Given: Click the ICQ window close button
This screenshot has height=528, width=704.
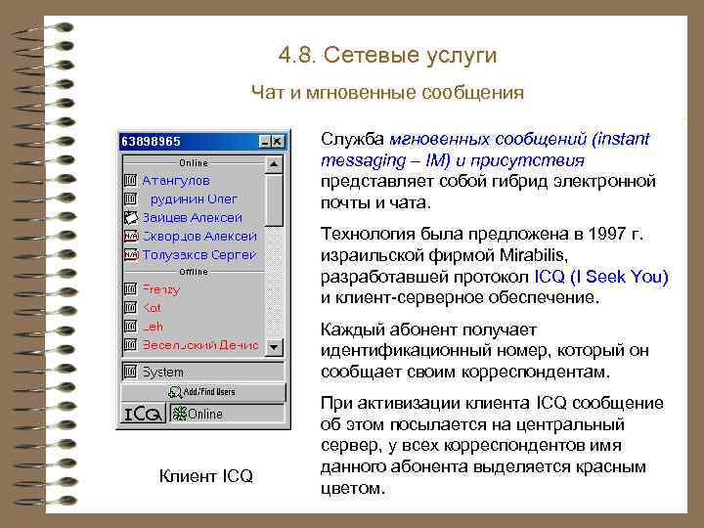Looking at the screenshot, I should point(277,142).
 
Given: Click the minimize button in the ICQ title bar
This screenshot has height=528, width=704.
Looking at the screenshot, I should point(262,142).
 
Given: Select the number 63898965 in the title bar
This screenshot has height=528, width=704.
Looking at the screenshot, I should point(151,142).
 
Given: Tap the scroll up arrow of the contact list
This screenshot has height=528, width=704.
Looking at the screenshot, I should point(275,162).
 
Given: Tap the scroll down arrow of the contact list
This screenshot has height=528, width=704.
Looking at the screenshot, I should point(275,347).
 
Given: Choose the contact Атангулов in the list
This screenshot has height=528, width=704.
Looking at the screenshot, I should point(176,181).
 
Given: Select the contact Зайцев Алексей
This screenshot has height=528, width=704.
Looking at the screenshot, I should point(192,217).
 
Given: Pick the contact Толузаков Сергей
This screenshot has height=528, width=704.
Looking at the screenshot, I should point(199,254).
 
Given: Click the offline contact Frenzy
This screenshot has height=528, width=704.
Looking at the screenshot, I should point(161,289).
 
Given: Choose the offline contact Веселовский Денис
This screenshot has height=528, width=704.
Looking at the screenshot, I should point(200,345).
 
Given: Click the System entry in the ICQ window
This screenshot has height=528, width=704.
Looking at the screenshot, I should point(162,373).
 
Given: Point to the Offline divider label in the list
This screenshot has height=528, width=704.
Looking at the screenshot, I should point(194,272).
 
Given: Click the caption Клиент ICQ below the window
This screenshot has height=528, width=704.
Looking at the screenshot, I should point(205,476).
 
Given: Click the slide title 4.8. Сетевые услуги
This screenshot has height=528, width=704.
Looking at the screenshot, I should point(387,55).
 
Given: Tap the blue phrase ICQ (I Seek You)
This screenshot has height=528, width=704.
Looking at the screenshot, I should point(602,277).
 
